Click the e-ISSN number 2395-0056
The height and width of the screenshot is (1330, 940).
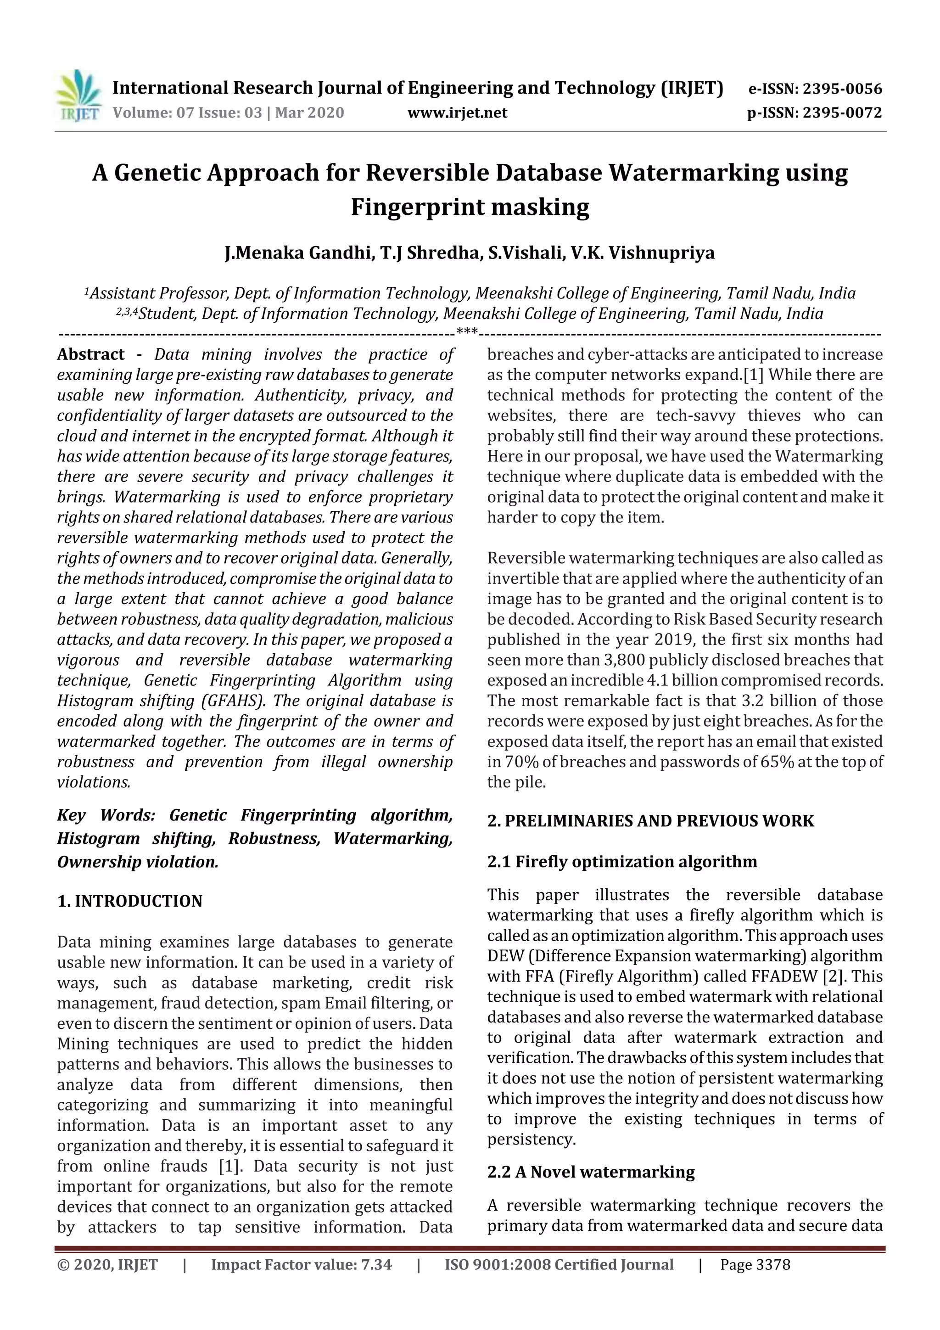pos(842,89)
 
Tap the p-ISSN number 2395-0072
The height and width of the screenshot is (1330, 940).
pos(842,112)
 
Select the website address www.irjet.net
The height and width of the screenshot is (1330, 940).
pos(457,112)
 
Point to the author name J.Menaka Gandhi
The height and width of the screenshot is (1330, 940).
pos(298,253)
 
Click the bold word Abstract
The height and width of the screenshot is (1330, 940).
pos(90,354)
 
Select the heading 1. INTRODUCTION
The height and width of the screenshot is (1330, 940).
pos(130,901)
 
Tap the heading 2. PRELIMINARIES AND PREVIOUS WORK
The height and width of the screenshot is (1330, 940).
pos(650,820)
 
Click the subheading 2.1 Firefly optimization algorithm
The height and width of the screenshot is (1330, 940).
pos(622,861)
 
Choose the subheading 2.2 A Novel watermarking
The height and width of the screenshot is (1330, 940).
pos(591,1172)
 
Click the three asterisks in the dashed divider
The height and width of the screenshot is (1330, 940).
pos(467,332)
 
